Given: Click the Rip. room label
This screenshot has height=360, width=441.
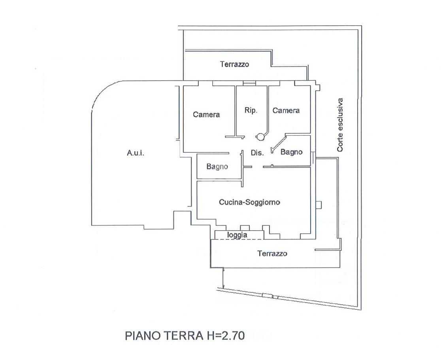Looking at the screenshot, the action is click(x=251, y=110).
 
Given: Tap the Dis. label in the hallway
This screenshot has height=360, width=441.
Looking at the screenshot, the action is click(x=257, y=153).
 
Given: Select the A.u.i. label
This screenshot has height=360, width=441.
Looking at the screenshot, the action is click(x=136, y=153).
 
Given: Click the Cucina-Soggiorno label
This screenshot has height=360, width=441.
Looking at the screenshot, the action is click(x=249, y=202).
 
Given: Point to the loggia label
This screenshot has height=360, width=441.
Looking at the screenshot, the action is click(x=237, y=235).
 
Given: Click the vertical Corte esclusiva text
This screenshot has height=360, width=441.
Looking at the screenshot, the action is click(x=340, y=125).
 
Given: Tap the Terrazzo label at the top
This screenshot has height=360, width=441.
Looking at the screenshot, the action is click(x=235, y=64).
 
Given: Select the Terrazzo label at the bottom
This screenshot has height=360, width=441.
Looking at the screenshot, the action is click(x=272, y=254).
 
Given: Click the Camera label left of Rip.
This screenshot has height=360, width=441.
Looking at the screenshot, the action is click(x=206, y=115).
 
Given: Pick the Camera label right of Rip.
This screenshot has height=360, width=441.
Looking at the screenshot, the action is click(x=286, y=110).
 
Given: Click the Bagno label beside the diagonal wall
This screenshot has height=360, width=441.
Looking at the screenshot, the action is click(x=291, y=152).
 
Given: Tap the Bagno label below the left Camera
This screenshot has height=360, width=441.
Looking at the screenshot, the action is click(x=217, y=166).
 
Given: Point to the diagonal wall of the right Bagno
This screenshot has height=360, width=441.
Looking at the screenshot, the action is click(x=279, y=144).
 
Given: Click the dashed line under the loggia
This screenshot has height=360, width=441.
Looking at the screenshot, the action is click(x=237, y=239).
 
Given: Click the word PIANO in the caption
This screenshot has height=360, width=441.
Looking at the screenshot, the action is click(x=142, y=336).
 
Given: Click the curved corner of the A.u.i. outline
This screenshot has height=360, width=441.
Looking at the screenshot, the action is click(x=102, y=91).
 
